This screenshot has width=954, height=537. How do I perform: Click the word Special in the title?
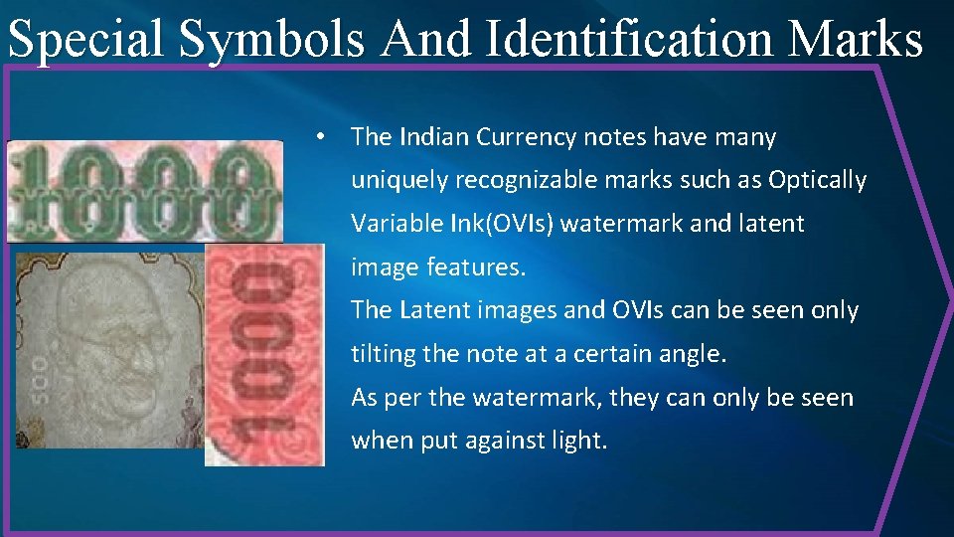coord(86,41)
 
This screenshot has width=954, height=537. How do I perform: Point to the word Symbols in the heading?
coord(275,41)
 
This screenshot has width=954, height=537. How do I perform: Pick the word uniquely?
coord(398,181)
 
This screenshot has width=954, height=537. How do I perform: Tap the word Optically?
coord(818,181)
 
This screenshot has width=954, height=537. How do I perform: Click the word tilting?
coord(384,353)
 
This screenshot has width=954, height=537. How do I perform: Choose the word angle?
coord(696,353)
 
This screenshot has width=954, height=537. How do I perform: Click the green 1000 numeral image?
coord(144,191)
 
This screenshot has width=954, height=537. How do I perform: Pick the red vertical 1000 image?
coord(264,354)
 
